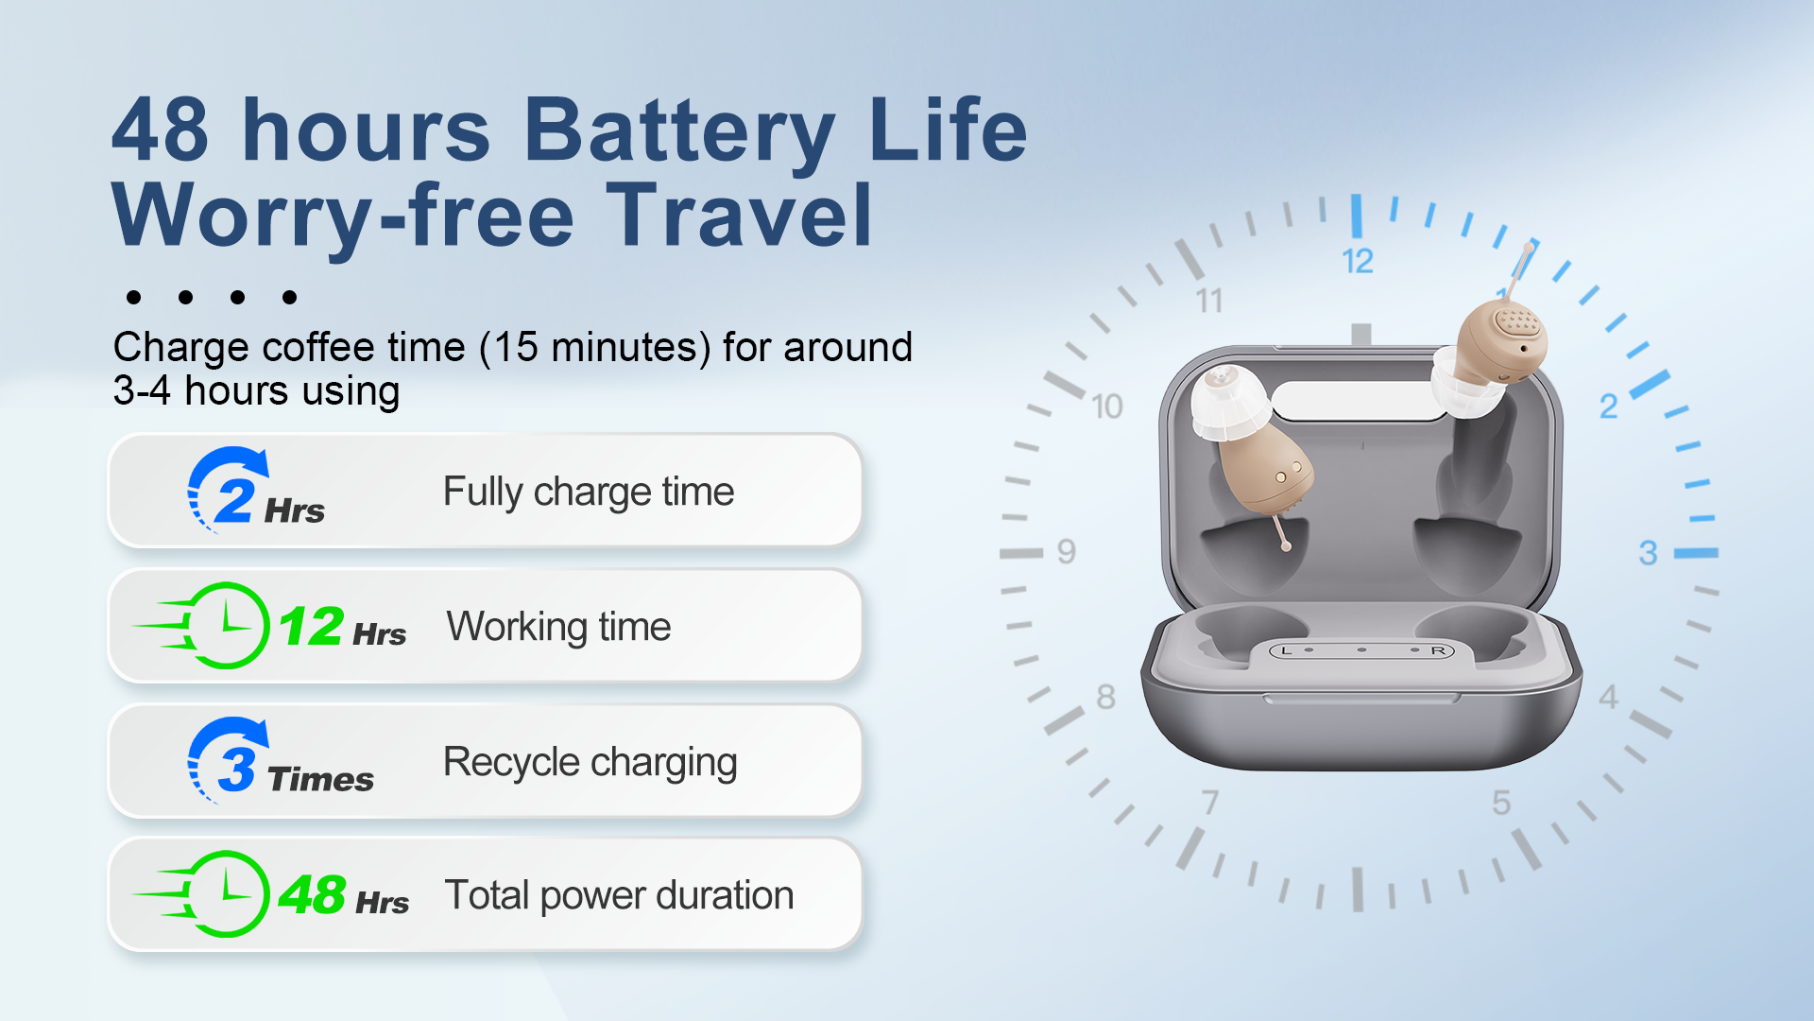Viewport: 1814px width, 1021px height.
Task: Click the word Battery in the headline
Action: point(679,131)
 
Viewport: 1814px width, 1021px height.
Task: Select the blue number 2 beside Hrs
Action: point(234,500)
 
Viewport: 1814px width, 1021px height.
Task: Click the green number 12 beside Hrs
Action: point(311,626)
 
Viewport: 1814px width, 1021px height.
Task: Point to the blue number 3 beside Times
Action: point(236,769)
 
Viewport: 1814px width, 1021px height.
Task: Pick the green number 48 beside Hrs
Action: point(312,894)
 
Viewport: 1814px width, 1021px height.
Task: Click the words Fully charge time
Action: point(589,493)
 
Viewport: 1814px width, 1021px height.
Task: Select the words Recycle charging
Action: point(590,763)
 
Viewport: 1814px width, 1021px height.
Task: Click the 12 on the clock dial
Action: point(1358,261)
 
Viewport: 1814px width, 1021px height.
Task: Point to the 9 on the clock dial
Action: point(1067,551)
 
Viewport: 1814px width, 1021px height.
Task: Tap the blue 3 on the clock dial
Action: point(1649,553)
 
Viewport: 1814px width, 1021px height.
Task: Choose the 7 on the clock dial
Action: point(1210,803)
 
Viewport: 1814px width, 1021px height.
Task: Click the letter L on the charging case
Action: point(1286,650)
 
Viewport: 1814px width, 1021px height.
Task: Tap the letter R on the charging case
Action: point(1438,650)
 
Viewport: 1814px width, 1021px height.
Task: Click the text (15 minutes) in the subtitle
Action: point(595,348)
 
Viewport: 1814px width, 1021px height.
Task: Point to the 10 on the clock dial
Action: point(1107,407)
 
